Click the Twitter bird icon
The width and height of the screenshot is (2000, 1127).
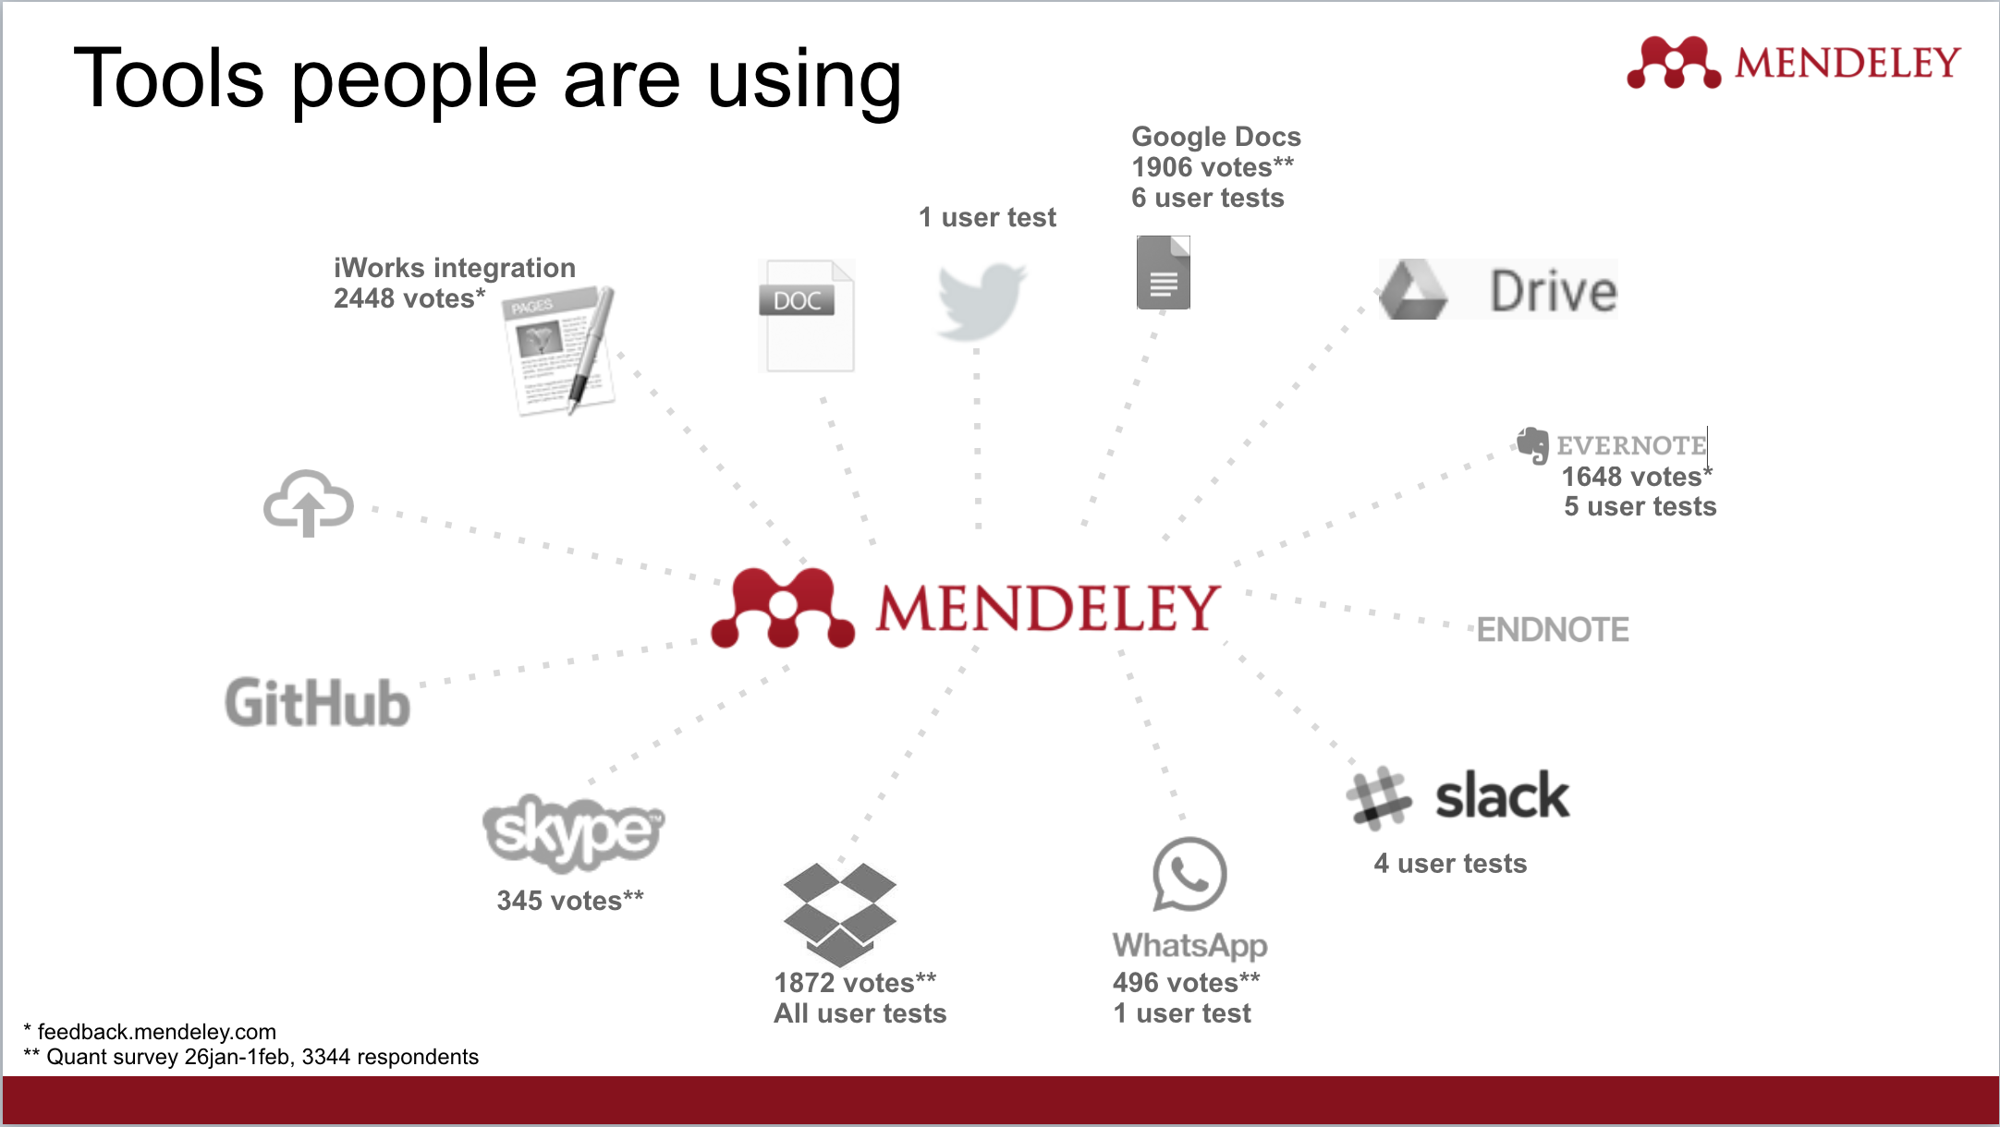tap(981, 300)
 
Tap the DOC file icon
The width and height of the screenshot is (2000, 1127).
tap(807, 316)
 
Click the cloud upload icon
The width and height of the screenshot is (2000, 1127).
tap(308, 503)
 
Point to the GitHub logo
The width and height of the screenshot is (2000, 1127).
tap(317, 703)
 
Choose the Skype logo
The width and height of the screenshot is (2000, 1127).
tap(573, 831)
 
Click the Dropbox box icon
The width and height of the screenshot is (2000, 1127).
tap(839, 914)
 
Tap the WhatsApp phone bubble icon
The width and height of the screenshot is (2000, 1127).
tap(1189, 874)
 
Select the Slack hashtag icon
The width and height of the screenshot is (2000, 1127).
tap(1378, 796)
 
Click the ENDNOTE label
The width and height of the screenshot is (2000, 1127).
tap(1553, 630)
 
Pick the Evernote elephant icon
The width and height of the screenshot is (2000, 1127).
tap(1532, 445)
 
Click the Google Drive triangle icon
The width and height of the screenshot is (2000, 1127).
tap(1413, 290)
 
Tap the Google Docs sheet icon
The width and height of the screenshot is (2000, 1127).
tap(1163, 273)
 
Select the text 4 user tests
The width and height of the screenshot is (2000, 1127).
tap(1450, 864)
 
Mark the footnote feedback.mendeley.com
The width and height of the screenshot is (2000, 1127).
tap(156, 1032)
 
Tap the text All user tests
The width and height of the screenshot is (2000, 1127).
tap(860, 1013)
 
